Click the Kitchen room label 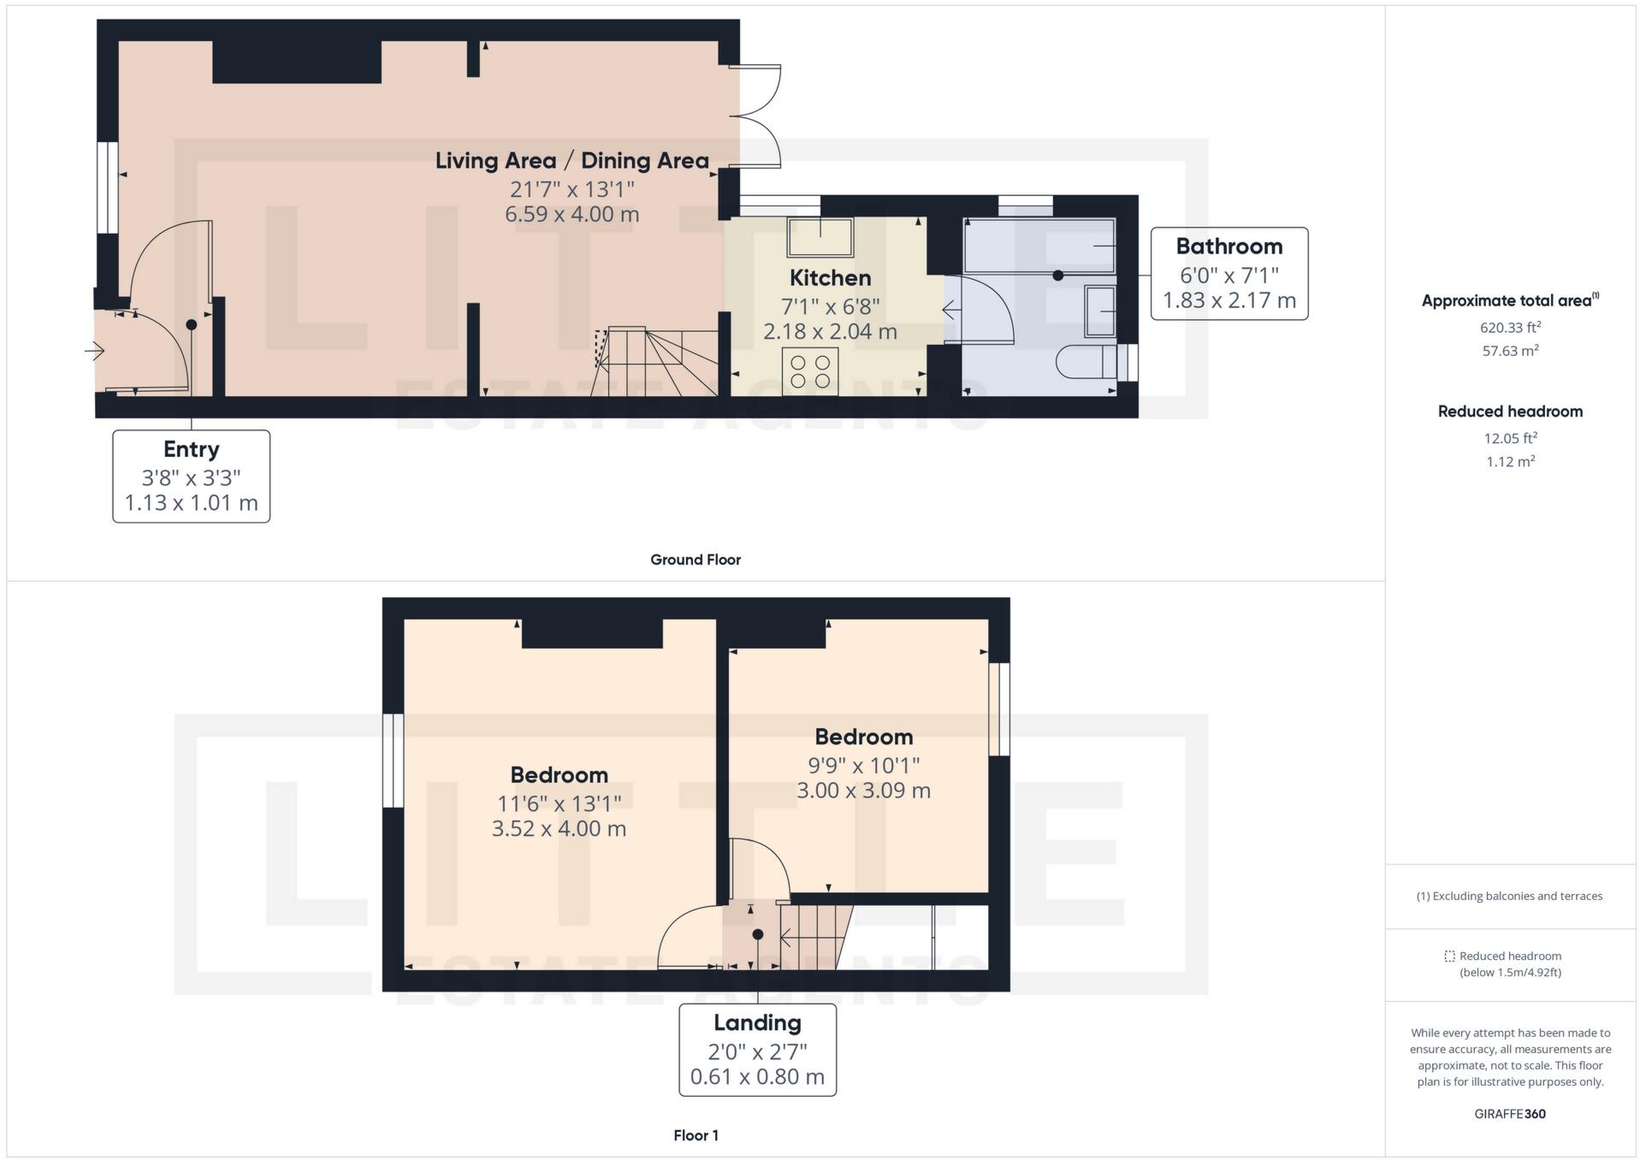829,278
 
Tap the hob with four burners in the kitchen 809,371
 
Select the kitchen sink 820,237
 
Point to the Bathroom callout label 1229,247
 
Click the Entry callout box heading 191,450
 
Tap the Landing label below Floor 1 757,1023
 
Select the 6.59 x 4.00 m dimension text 571,214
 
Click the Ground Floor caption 695,560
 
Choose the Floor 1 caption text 695,1135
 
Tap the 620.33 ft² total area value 1510,328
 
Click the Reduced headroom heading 1510,412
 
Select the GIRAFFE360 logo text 1510,1114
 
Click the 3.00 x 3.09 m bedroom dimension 862,791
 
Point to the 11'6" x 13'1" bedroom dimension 559,803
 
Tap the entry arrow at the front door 95,351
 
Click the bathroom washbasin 1100,311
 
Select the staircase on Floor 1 813,938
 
